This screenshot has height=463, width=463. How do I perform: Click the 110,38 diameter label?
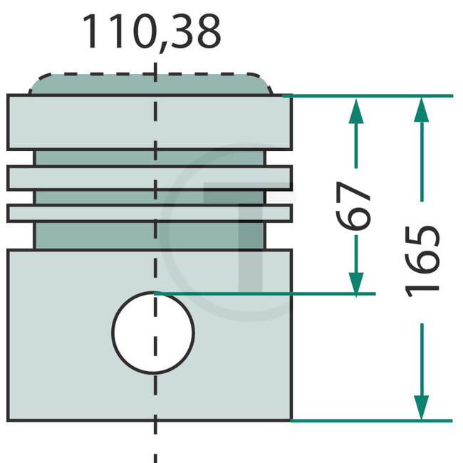tap(152, 32)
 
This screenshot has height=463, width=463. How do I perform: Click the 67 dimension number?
tap(353, 206)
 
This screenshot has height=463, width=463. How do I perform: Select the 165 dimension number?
tap(422, 261)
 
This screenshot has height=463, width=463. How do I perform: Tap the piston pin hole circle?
tap(153, 333)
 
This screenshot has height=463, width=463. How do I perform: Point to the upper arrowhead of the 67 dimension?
tap(356, 111)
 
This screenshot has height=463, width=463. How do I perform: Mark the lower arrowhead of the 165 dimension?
tap(422, 407)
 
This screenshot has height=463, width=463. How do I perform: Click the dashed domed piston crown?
tap(150, 84)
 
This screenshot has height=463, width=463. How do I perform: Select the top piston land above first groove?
tap(150, 123)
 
